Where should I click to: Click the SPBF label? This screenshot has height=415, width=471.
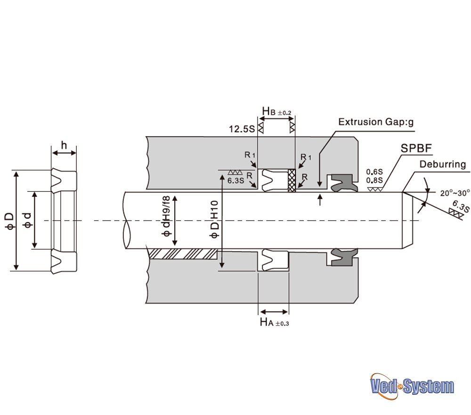tap(416, 148)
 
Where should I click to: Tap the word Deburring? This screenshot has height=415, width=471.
tap(442, 164)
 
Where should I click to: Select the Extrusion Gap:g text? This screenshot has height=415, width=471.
tap(376, 122)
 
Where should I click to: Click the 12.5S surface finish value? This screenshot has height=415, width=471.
tap(242, 129)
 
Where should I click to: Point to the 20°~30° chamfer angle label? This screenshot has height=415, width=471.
tap(455, 193)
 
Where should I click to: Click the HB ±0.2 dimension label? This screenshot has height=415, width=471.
tap(276, 111)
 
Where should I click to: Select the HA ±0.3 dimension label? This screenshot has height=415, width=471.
tap(274, 323)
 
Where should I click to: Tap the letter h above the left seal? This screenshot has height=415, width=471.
tap(64, 145)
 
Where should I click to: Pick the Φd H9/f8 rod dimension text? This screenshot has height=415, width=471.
tap(166, 216)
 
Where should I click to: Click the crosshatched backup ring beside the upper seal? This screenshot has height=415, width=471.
tap(292, 180)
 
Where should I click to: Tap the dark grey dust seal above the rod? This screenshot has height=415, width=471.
tap(344, 182)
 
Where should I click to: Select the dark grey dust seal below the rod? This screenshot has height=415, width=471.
tap(344, 257)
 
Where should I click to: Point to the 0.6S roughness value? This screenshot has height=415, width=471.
tap(374, 172)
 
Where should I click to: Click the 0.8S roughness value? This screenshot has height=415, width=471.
tap(374, 180)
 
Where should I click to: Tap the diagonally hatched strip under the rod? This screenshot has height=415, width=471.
tap(183, 254)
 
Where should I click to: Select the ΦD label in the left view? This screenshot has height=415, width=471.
tap(10, 221)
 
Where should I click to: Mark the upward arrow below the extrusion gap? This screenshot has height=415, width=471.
tap(320, 200)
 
